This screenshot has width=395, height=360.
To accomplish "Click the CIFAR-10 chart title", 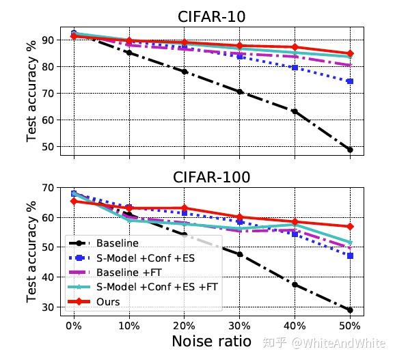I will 211,16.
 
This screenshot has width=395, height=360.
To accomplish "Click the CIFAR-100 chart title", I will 211,178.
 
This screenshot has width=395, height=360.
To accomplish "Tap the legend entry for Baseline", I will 117,243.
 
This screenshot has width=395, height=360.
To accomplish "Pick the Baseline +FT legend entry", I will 127,272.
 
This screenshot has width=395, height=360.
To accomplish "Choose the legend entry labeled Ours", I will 108,301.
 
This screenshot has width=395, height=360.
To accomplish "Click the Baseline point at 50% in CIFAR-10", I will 350,150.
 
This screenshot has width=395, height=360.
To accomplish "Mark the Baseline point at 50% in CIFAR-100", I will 350,309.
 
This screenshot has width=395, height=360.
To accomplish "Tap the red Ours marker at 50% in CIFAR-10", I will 350,53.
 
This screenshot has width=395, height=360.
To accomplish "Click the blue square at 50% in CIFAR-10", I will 350,81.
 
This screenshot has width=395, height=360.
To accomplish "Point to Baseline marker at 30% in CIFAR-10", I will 240,92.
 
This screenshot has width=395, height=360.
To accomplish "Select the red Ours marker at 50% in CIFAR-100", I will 350,226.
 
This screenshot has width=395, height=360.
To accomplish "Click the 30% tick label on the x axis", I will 240,325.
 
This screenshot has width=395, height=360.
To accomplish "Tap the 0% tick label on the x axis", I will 74,325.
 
